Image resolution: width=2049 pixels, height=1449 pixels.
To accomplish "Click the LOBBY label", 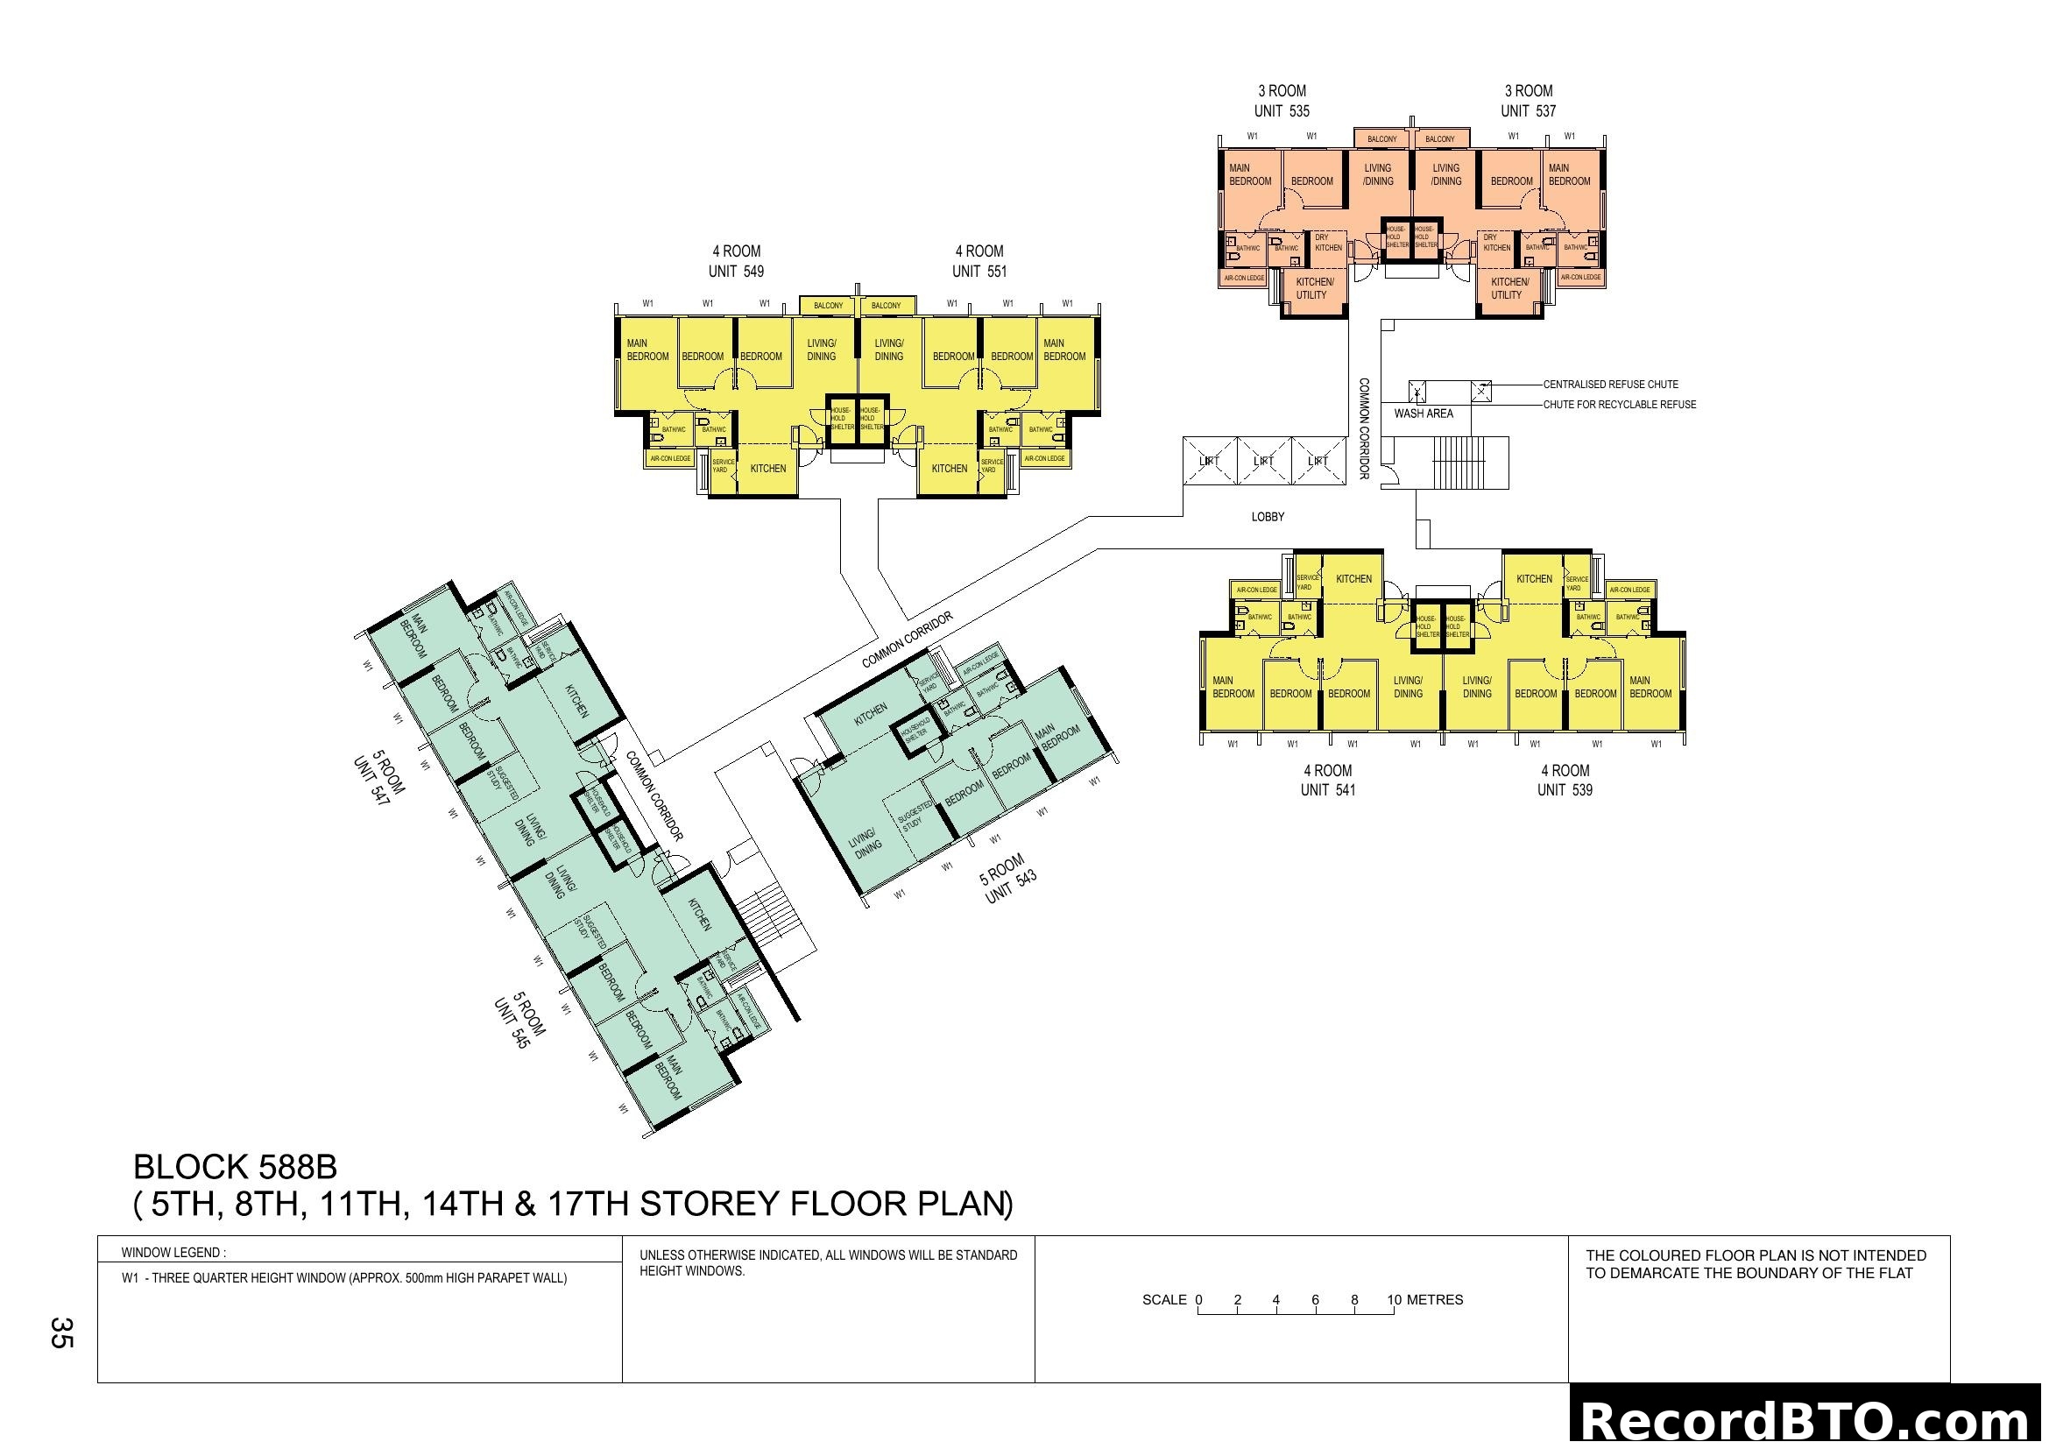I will (x=1268, y=517).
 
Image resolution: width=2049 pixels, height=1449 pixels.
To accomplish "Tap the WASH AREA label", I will (x=1424, y=413).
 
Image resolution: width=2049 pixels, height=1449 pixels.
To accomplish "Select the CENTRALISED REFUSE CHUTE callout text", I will (x=1611, y=385).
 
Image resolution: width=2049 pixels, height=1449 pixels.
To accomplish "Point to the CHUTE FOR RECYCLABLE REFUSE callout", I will (x=1620, y=404).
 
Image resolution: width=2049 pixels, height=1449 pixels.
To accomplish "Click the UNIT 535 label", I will (x=1282, y=111).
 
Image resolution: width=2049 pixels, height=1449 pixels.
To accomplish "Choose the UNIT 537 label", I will (x=1528, y=111).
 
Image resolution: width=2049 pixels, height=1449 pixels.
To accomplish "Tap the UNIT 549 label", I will (x=736, y=272).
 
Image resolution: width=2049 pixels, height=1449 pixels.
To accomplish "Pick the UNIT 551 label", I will (x=979, y=272).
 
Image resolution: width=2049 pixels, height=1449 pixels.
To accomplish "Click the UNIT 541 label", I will (x=1328, y=789).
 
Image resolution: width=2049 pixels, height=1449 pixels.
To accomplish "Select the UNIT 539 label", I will (x=1565, y=789).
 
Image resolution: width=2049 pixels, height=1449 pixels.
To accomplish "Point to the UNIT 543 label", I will (x=1011, y=887).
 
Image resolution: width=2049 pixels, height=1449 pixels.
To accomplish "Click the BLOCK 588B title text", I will (x=236, y=1167).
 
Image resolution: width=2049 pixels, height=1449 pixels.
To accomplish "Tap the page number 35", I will (x=61, y=1332).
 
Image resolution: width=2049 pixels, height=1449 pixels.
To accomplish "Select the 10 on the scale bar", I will (x=1394, y=1300).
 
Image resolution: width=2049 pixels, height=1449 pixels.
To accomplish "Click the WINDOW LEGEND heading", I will (x=174, y=1253).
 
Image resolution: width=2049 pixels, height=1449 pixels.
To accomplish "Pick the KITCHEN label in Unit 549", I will (x=768, y=469).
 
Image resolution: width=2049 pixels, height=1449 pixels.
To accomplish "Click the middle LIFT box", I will (x=1264, y=462).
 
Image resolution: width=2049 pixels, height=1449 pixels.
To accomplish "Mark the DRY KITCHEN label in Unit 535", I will (x=1328, y=243).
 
